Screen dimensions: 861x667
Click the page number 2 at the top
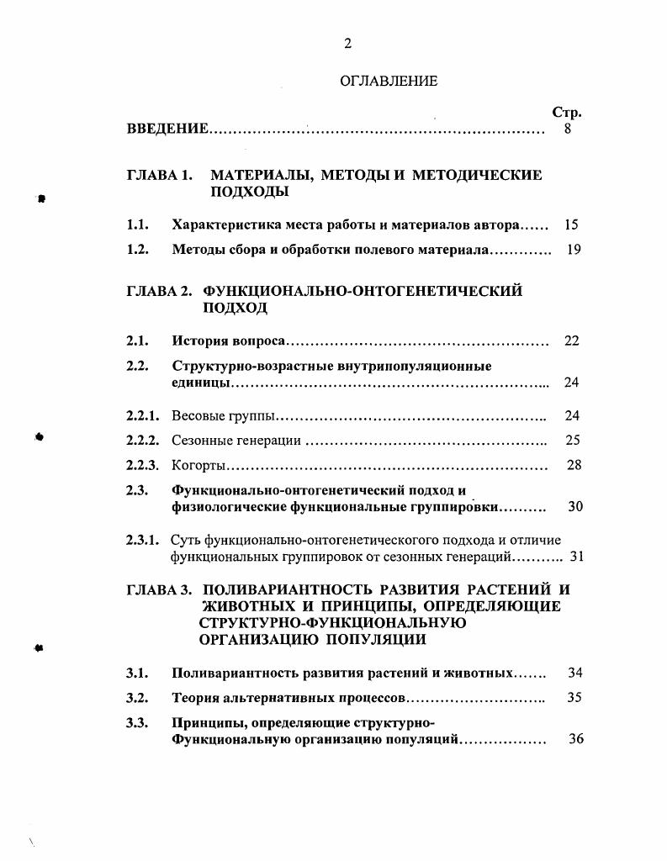347,45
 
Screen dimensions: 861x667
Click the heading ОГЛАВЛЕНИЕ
389,82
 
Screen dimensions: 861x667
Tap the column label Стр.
567,113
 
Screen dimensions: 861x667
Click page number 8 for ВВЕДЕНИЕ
568,129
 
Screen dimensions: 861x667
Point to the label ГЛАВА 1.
160,176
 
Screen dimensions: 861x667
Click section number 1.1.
138,225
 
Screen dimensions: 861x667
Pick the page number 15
572,225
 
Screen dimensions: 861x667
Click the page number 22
572,341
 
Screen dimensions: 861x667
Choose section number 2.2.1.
142,415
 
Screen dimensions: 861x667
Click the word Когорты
199,465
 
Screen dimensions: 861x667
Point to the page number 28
574,465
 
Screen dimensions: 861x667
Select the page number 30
575,507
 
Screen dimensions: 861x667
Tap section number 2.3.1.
142,540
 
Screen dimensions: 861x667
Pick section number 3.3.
138,722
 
